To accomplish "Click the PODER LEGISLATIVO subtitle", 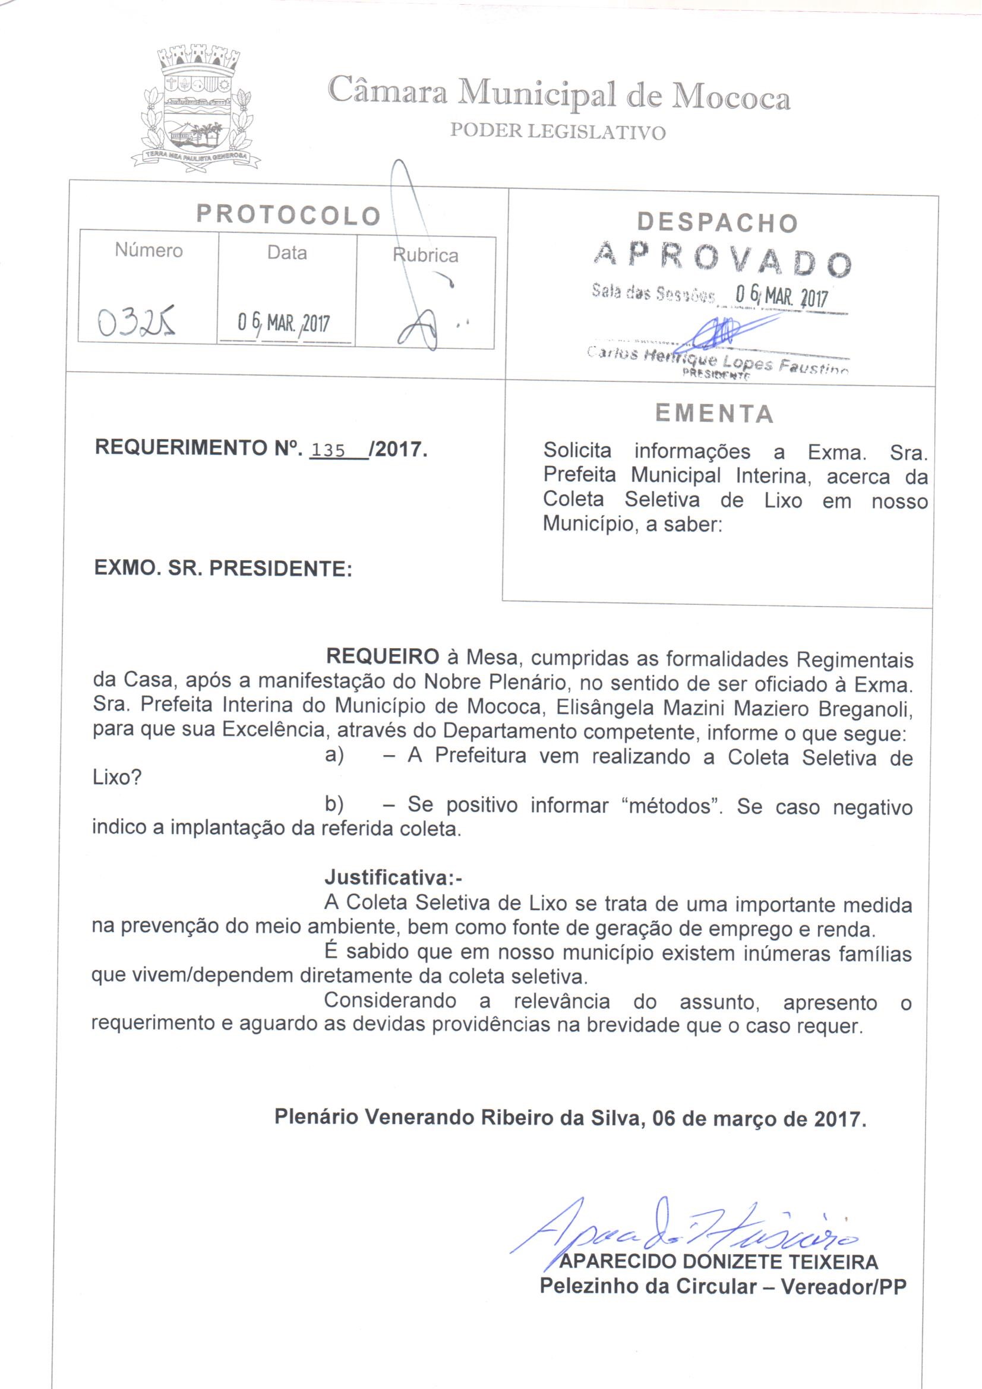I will point(557,132).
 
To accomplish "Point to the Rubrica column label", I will point(425,255).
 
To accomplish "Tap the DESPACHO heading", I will point(717,223).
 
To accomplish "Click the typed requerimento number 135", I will point(327,451).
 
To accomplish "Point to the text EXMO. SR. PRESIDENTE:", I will point(223,569).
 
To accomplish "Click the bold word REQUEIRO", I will point(383,656).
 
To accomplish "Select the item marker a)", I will point(334,756).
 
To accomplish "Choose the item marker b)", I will point(334,804).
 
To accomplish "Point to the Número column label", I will point(149,251).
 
